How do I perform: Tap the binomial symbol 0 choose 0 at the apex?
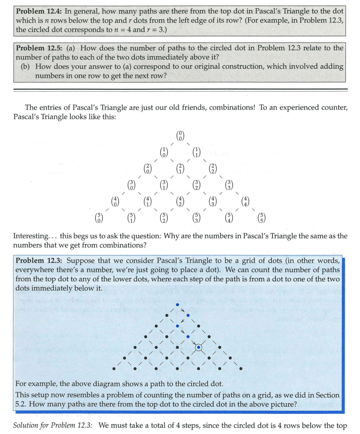180,136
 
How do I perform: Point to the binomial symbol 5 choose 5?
262,218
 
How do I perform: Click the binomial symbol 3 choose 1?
164,185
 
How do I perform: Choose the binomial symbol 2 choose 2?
213,169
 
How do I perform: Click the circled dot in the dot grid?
199,348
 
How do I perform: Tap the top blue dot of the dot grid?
177,304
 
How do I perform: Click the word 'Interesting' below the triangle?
31,236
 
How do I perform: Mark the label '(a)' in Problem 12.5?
72,48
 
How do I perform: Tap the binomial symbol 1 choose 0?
163,152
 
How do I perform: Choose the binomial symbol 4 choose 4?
246,202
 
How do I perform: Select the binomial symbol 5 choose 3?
196,218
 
